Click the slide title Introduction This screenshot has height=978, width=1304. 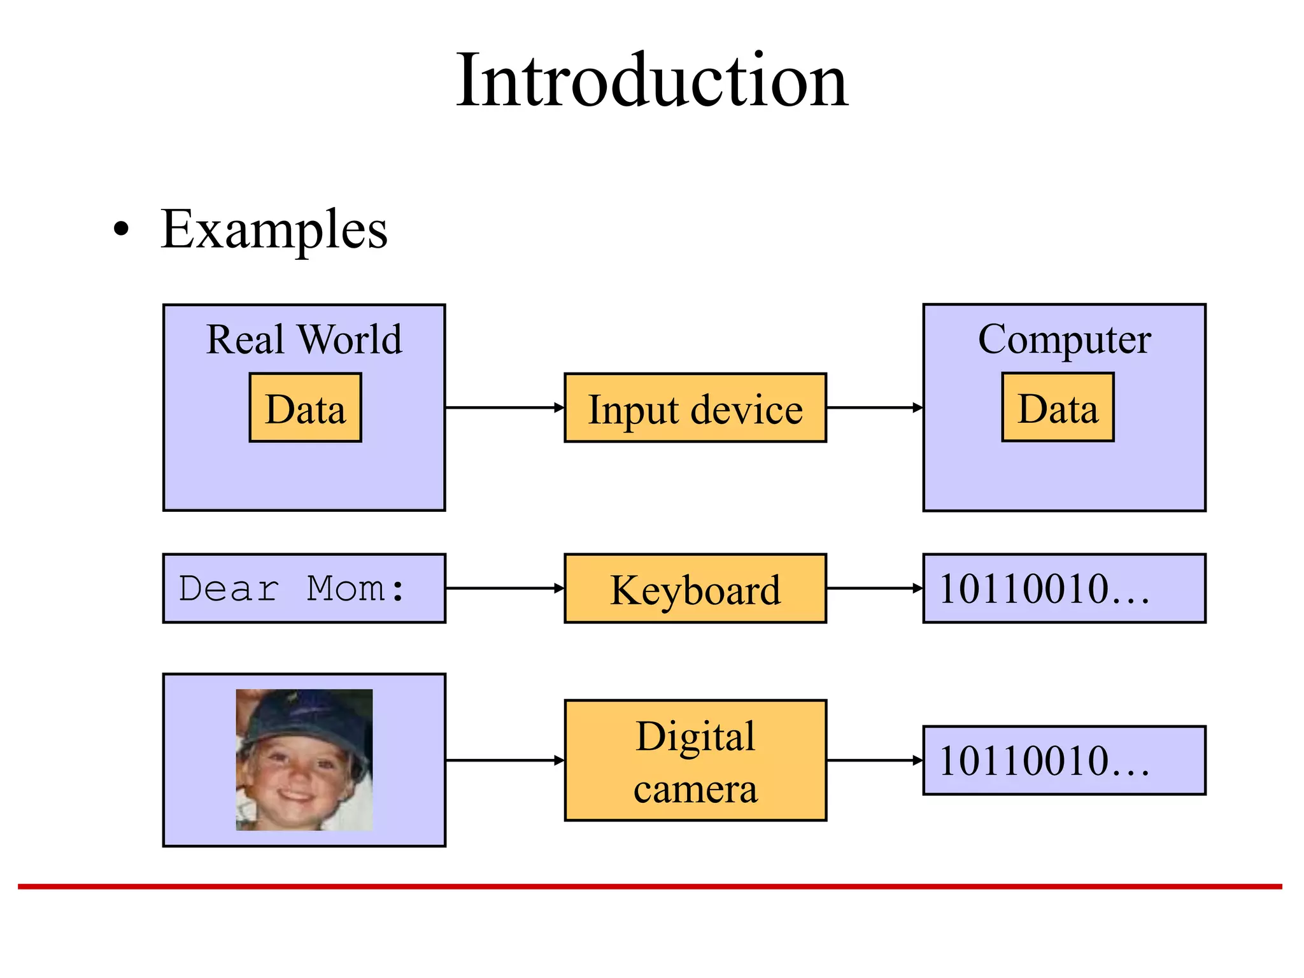(652, 81)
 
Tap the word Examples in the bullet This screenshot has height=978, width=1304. (274, 230)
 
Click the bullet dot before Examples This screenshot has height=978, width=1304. (121, 230)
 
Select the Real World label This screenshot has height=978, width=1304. (304, 339)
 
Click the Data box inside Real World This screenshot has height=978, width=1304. (306, 408)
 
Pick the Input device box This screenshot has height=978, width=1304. (695, 408)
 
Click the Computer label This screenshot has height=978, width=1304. (1064, 339)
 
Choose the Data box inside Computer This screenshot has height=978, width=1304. (1058, 407)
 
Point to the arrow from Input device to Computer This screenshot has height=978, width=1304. (874, 407)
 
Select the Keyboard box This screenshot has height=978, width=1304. (695, 589)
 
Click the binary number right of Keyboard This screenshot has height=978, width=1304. (1044, 589)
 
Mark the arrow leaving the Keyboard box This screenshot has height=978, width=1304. (874, 588)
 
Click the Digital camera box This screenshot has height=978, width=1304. (695, 760)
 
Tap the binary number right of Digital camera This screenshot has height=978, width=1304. (1044, 761)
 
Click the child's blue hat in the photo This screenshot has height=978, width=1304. (306, 716)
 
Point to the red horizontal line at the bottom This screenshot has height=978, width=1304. (649, 886)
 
